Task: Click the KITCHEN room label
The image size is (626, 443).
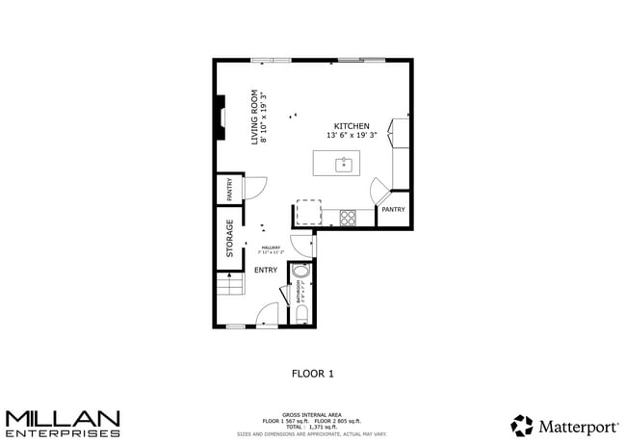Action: (352, 126)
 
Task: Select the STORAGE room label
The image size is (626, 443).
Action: (230, 238)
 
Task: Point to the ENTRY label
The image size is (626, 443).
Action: (265, 270)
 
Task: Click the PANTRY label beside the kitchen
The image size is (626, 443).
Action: (393, 209)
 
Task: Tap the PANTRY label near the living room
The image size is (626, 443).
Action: (230, 189)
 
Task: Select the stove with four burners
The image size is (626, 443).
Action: (348, 218)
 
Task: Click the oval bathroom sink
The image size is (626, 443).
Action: (301, 273)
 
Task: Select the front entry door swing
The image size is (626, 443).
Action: (269, 314)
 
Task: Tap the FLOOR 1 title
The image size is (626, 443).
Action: (312, 373)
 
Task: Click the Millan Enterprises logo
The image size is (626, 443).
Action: (63, 423)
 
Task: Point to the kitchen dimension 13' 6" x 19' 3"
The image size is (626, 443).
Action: (351, 137)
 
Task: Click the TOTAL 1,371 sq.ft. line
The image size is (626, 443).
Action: (312, 427)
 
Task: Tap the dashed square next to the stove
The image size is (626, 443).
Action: (308, 212)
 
